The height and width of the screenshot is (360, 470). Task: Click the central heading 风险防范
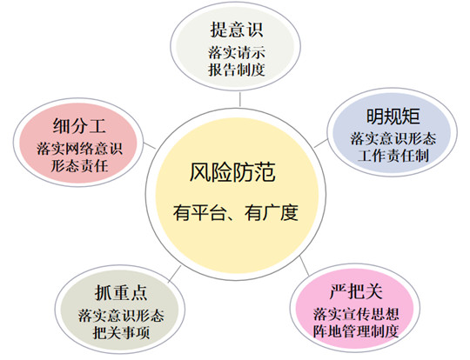[232, 172]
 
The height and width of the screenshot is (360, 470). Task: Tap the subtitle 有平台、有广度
[236, 213]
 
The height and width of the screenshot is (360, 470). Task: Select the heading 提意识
[237, 30]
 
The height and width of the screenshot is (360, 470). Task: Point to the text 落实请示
[237, 53]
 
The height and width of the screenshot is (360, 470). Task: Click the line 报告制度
[237, 70]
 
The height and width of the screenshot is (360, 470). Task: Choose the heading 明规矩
[393, 116]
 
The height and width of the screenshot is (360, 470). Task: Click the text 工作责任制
[393, 156]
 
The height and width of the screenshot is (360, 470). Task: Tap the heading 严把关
[356, 291]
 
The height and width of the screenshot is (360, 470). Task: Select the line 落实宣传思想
[356, 314]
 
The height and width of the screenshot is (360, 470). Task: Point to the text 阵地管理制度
[356, 331]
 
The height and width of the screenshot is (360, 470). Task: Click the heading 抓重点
[121, 293]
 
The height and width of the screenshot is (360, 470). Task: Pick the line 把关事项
[121, 332]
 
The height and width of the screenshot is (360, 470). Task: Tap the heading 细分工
[79, 126]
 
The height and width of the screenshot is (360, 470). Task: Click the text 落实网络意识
[79, 149]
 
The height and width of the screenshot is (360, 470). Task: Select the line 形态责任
[79, 165]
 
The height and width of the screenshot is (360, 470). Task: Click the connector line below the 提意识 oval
[240, 99]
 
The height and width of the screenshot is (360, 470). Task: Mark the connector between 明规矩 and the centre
[321, 143]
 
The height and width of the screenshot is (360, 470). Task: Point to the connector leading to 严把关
[305, 266]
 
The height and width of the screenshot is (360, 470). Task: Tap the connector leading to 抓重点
[174, 274]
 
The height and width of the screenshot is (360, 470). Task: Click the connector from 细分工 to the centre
[150, 145]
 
